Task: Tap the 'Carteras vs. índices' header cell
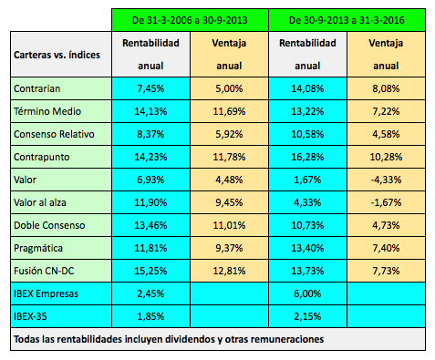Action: (x=57, y=55)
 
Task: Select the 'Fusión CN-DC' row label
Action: (x=48, y=271)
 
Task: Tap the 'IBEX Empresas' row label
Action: (x=47, y=293)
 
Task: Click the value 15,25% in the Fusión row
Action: (x=149, y=271)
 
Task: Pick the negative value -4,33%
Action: (x=386, y=180)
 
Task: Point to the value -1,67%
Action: (x=386, y=202)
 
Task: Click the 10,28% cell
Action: (x=386, y=157)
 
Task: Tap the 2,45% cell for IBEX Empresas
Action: (x=149, y=293)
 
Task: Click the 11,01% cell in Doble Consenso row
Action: (x=229, y=225)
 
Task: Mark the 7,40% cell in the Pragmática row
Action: (x=386, y=248)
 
